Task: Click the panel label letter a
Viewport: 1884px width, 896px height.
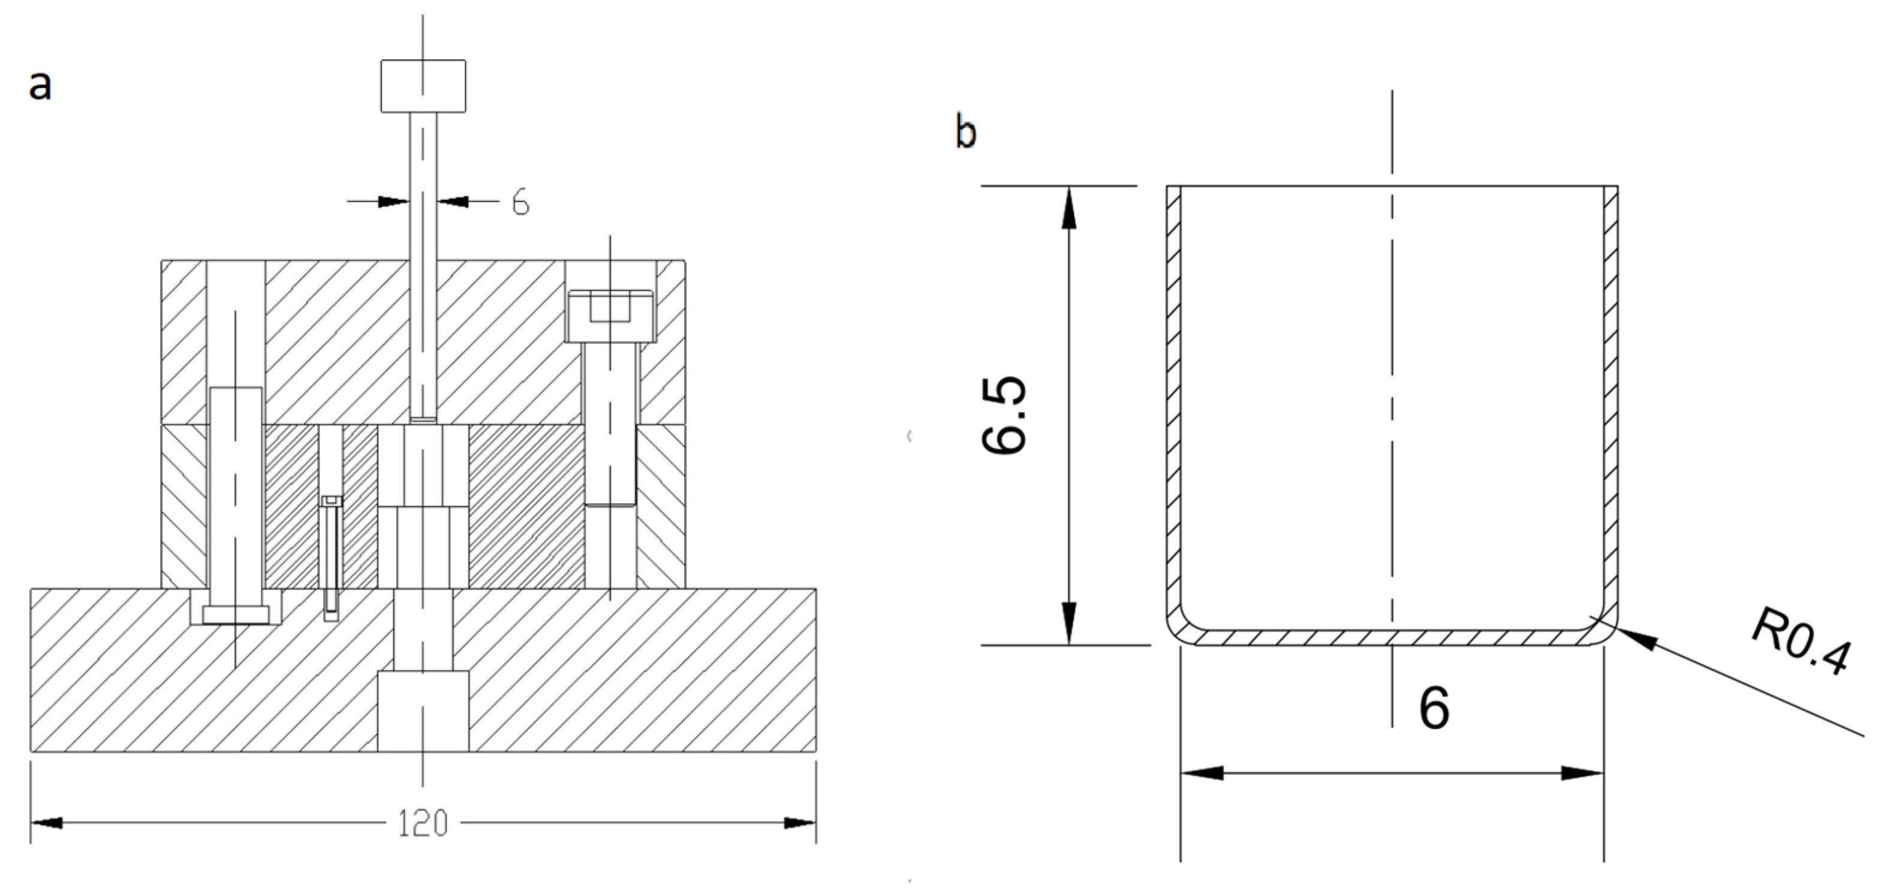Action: click(x=40, y=86)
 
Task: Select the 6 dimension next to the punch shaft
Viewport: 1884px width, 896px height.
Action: click(x=520, y=202)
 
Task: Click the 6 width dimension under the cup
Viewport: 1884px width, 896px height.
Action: click(x=1434, y=708)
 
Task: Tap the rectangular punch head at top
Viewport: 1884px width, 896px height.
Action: click(x=423, y=86)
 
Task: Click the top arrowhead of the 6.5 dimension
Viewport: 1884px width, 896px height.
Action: click(x=1069, y=209)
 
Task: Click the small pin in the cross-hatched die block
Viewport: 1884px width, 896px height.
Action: click(x=332, y=556)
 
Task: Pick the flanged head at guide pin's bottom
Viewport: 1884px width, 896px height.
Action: click(x=236, y=614)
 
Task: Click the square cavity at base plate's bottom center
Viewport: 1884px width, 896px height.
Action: click(x=423, y=711)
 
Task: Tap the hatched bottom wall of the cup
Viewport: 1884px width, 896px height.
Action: click(x=1389, y=638)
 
